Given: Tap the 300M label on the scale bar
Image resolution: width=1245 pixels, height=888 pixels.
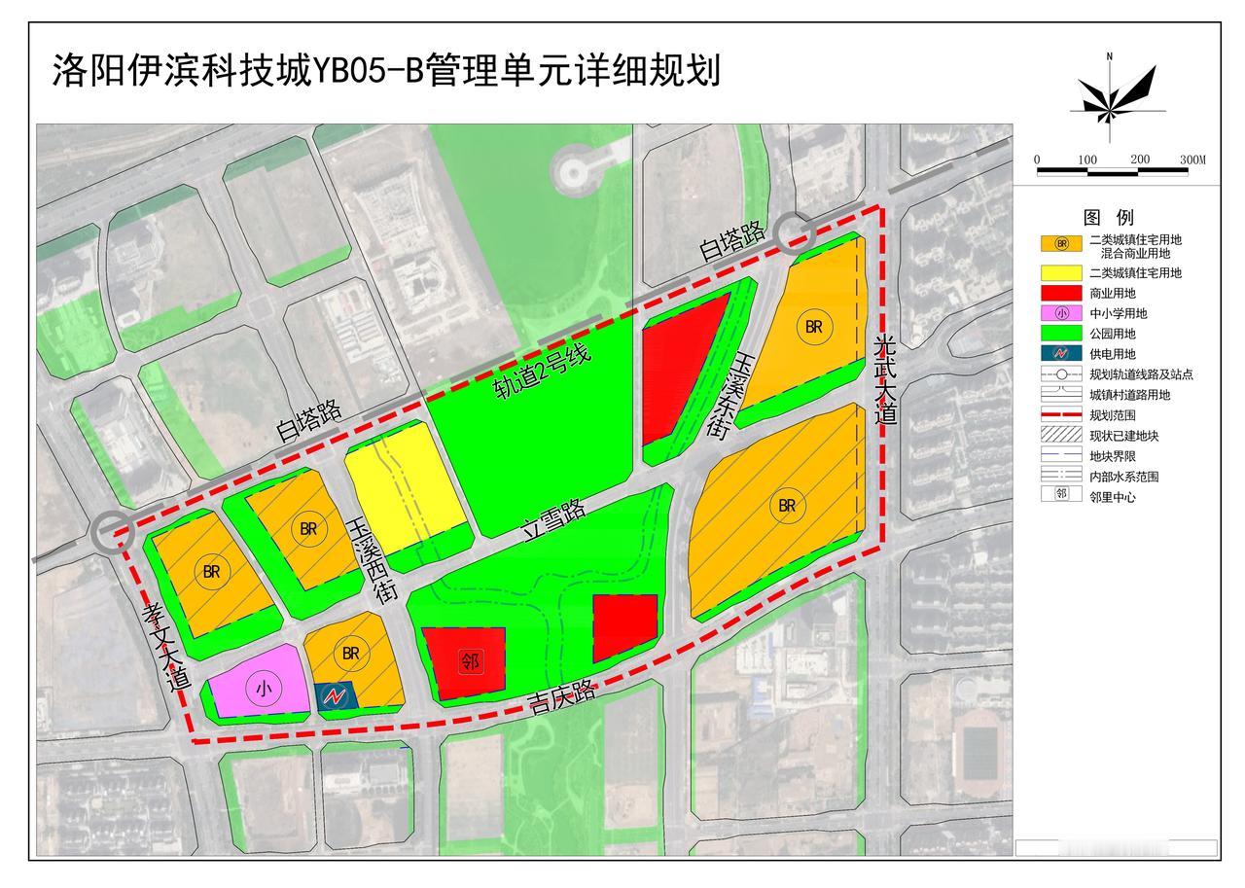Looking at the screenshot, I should [x=1192, y=160].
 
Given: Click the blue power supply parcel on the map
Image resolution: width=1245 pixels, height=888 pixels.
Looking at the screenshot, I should [x=337, y=695].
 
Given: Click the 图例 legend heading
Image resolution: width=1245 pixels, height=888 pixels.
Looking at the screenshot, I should [x=1109, y=217].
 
